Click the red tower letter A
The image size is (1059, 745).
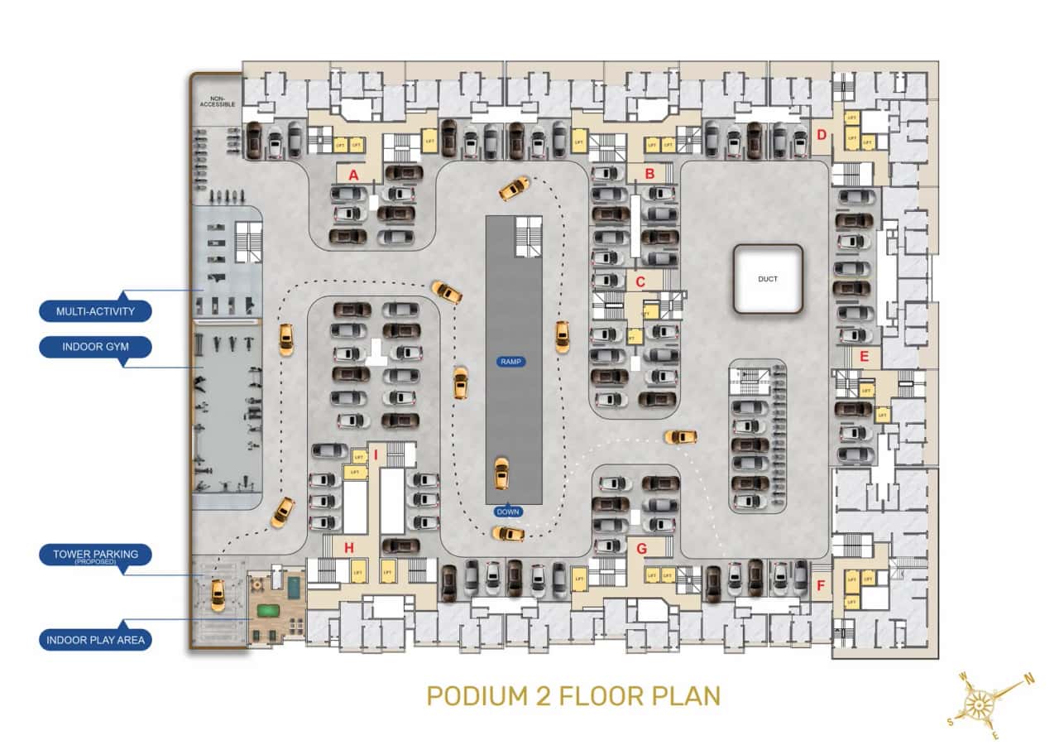coord(353,175)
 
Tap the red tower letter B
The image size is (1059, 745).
coord(649,174)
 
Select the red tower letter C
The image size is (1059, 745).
coord(640,281)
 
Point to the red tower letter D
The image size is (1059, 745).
coord(822,135)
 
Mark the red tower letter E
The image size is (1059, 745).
coord(864,357)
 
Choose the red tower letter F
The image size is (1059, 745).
coord(821,587)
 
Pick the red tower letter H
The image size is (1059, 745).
coord(349,547)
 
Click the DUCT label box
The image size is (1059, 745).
coord(768,279)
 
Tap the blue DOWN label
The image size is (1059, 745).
coord(508,512)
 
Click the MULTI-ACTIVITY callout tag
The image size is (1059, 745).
coord(95,311)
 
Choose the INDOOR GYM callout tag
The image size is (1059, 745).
coord(95,346)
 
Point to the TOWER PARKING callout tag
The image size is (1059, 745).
coord(95,555)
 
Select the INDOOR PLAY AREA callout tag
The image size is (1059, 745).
coord(95,640)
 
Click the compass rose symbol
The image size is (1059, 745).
coord(982,705)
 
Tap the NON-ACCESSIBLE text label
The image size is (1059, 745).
coord(218,100)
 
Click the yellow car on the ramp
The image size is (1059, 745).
coord(501,473)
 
